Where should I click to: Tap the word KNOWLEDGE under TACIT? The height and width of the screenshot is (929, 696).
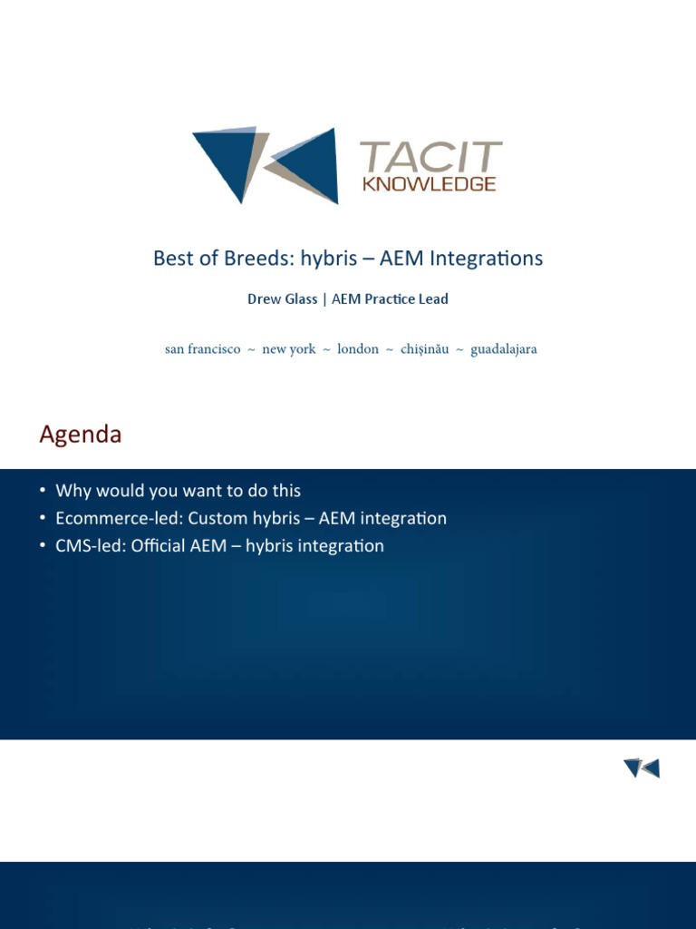pyautogui.click(x=430, y=183)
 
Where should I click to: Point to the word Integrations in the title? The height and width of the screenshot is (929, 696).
pyautogui.click(x=486, y=259)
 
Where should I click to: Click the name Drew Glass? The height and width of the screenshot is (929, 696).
pyautogui.click(x=282, y=299)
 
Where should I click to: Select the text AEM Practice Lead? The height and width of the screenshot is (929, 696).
pyautogui.click(x=390, y=299)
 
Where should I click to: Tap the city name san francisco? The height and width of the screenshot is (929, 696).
pyautogui.click(x=203, y=349)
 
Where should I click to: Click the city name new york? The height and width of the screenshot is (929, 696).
pyautogui.click(x=289, y=349)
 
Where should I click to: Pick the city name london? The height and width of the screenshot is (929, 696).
pyautogui.click(x=358, y=349)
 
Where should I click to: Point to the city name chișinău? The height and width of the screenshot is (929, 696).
pyautogui.click(x=425, y=349)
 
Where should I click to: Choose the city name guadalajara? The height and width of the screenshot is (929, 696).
pyautogui.click(x=504, y=349)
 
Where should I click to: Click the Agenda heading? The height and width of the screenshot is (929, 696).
pyautogui.click(x=81, y=435)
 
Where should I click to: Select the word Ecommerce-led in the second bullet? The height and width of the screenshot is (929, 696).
pyautogui.click(x=119, y=519)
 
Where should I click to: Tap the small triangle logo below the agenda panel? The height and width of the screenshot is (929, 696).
pyautogui.click(x=642, y=768)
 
